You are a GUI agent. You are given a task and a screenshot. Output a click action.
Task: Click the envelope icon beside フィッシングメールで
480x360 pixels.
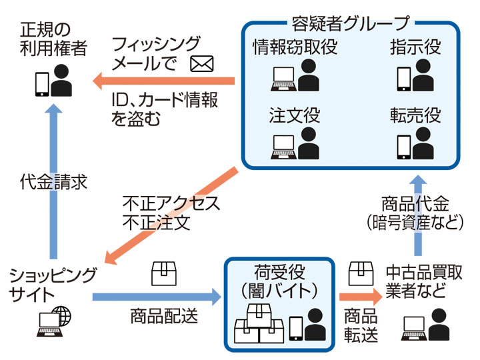tap(201, 63)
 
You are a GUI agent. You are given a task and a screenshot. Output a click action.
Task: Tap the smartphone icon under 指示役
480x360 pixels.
tap(404, 77)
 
